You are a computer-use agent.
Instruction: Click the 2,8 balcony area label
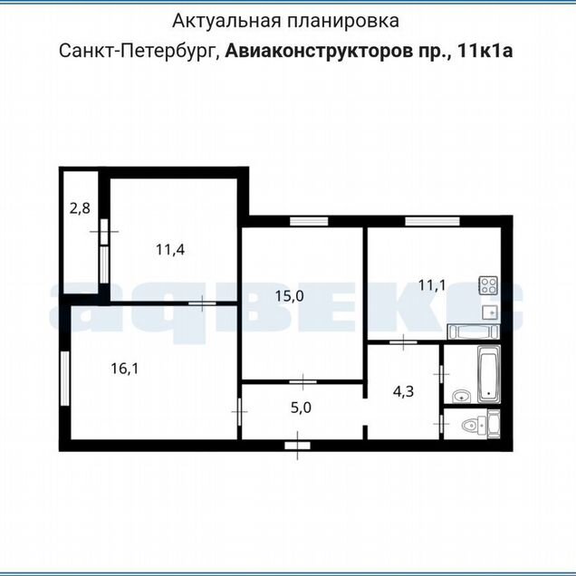[x=80, y=208]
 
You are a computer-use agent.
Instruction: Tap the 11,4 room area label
[x=170, y=250]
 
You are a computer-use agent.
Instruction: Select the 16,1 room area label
[x=125, y=369]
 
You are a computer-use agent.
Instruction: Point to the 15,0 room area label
[x=290, y=296]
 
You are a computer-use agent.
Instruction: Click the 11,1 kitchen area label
[x=432, y=284]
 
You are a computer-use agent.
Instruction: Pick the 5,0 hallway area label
[x=301, y=408]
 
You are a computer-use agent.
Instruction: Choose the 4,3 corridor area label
[x=403, y=391]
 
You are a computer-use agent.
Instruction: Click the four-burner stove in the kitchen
[x=488, y=285]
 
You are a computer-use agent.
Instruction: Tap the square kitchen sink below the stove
[x=490, y=312]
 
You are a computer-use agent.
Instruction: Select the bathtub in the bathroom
[x=489, y=374]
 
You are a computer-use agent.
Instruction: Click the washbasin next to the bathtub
[x=461, y=397]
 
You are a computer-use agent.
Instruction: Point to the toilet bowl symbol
[x=473, y=426]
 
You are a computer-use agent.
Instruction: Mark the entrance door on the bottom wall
[x=298, y=446]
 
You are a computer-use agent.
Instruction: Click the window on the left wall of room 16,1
[x=65, y=379]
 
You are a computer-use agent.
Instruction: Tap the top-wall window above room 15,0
[x=309, y=221]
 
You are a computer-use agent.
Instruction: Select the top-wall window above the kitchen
[x=432, y=221]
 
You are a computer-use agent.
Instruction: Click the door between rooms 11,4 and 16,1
[x=202, y=303]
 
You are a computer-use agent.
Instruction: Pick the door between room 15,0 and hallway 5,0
[x=302, y=382]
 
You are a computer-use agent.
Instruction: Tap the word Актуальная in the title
[x=226, y=21]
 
